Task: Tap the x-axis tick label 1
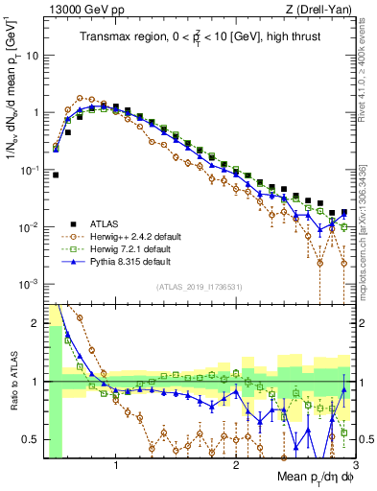point(116,467)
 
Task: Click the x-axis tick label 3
point(355,467)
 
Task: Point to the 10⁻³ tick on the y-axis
point(29,284)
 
